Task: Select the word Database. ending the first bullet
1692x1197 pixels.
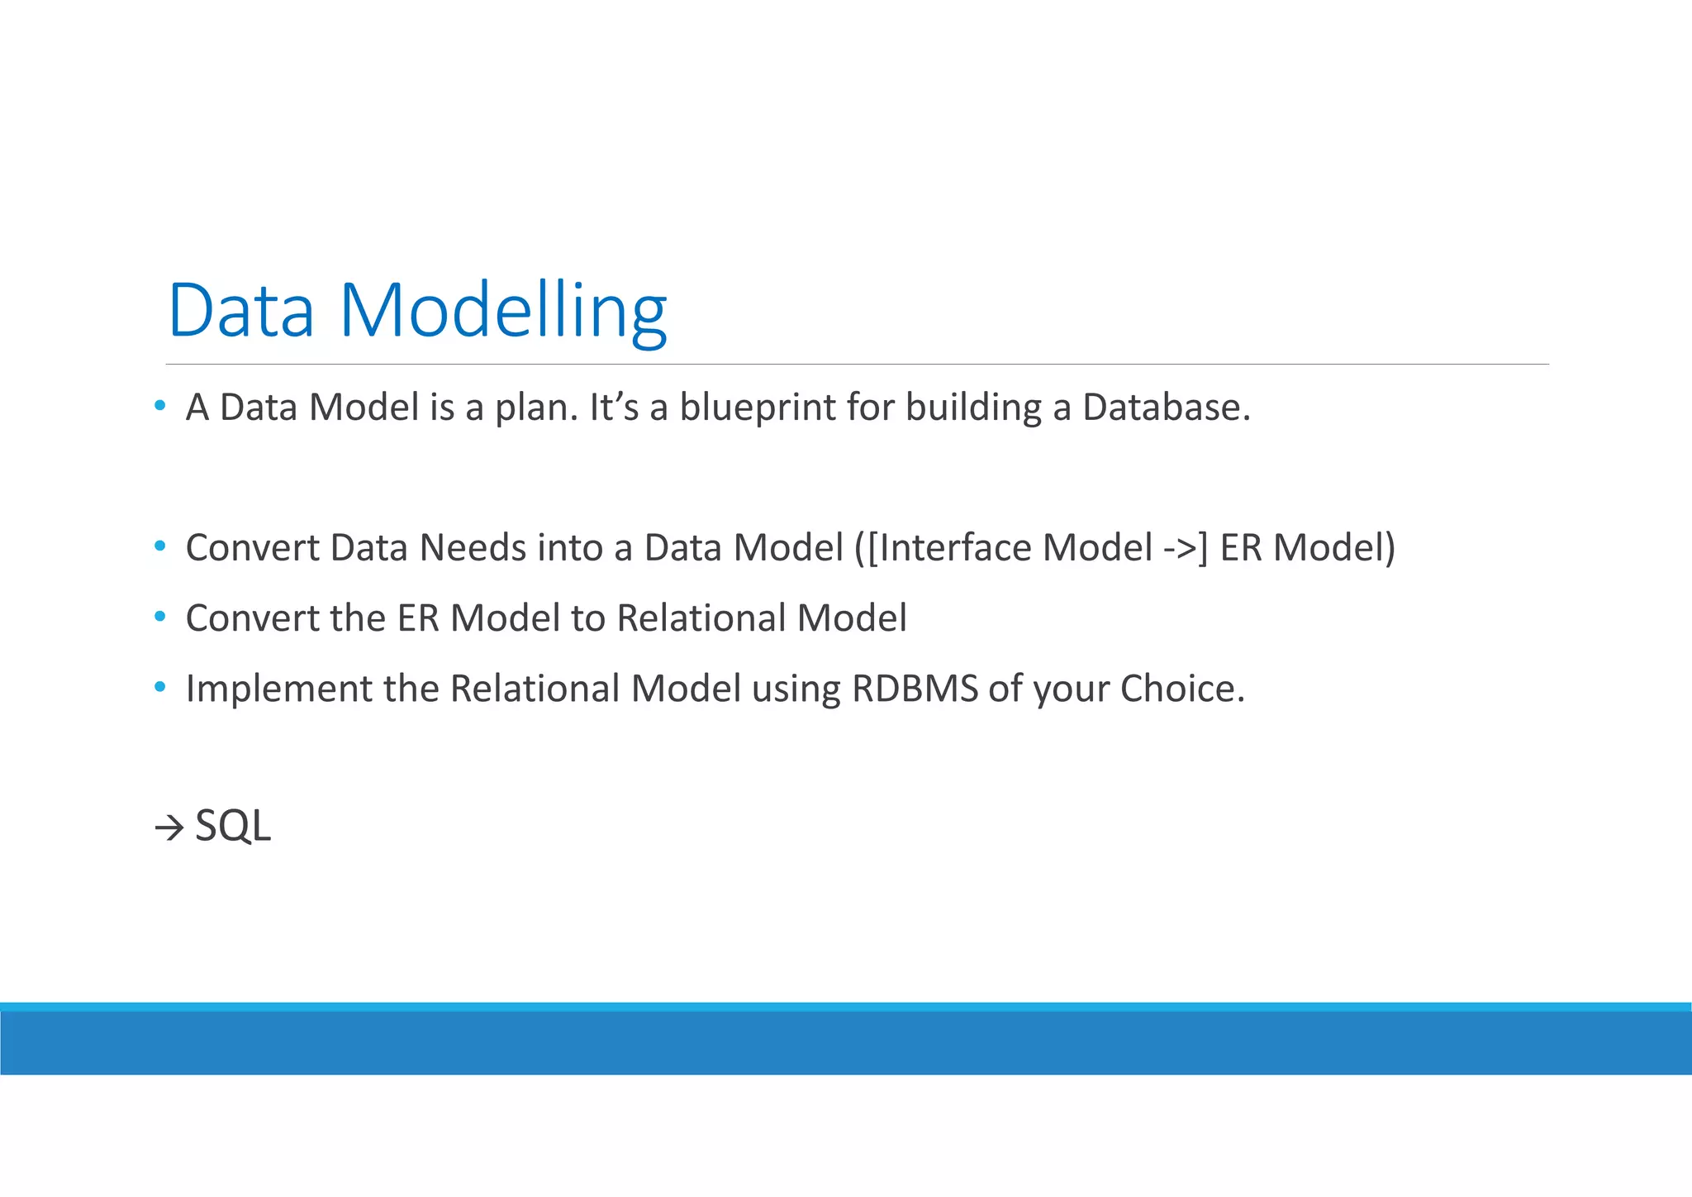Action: [x=1167, y=408]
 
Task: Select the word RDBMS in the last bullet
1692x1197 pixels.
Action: [x=915, y=689]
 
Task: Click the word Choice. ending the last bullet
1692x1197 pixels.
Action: [x=1182, y=689]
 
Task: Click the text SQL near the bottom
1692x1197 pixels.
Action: [x=233, y=826]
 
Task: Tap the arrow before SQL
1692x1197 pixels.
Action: [x=169, y=827]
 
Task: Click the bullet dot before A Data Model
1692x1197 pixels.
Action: [x=160, y=406]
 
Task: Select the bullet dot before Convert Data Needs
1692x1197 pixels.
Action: [x=160, y=546]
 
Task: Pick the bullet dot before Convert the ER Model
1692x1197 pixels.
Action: [x=160, y=617]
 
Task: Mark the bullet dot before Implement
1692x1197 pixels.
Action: [x=160, y=687]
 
